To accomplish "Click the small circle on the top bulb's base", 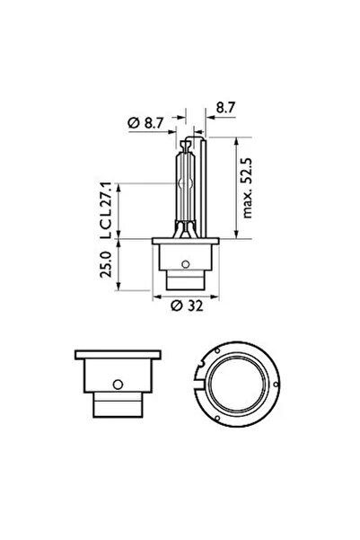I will pos(184,264).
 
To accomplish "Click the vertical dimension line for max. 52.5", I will pos(235,188).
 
